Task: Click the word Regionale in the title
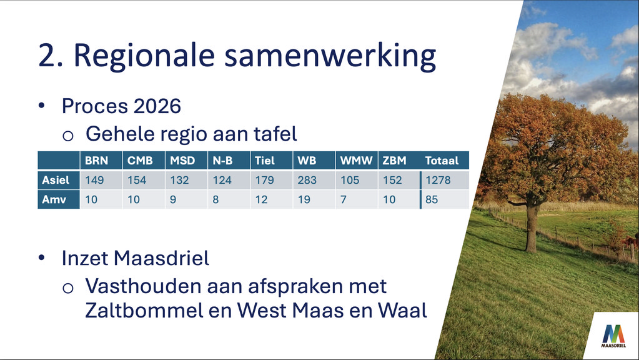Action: point(144,56)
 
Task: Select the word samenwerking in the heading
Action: point(330,56)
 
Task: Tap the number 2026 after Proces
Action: point(157,106)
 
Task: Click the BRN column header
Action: point(97,161)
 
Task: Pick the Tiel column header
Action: point(265,161)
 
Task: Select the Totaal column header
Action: point(442,161)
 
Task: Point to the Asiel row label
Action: point(56,180)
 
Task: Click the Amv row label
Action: point(54,199)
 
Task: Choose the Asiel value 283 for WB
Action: point(307,180)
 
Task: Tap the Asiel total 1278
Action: point(438,180)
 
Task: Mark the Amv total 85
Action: point(432,199)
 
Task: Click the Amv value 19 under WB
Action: point(304,199)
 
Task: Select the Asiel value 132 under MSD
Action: point(179,180)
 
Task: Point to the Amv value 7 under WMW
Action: point(344,199)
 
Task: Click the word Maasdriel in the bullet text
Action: point(161,258)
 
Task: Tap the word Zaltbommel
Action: point(144,311)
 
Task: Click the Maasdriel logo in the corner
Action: point(613,336)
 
